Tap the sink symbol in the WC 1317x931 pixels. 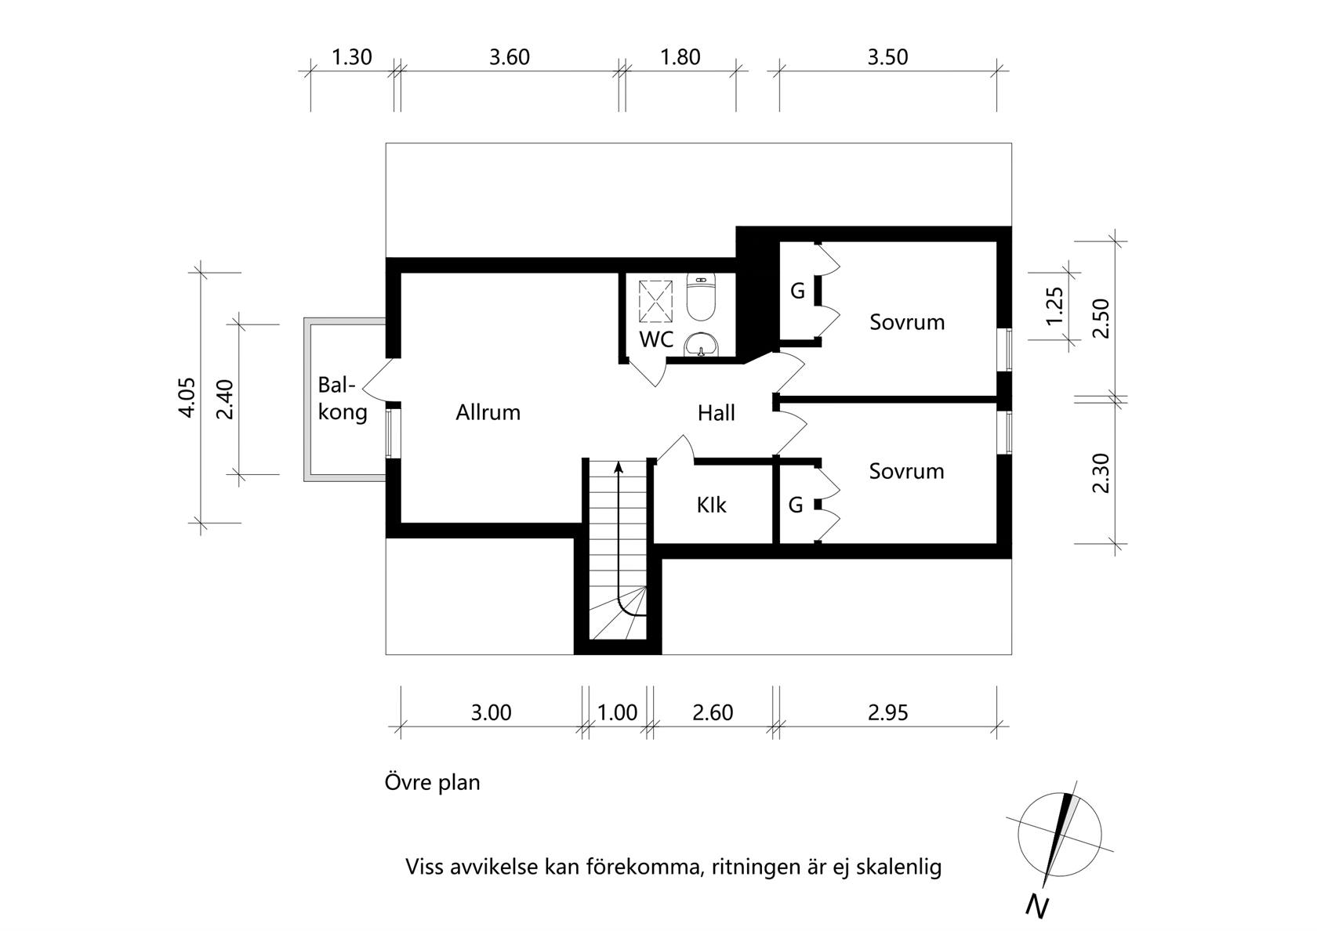[x=702, y=345]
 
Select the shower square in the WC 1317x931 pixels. [x=655, y=302]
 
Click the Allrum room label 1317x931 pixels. [x=488, y=412]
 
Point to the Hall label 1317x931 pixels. [x=717, y=413]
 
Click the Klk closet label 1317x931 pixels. [x=712, y=505]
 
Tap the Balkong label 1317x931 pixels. [x=342, y=398]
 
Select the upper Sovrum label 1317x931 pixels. [x=907, y=322]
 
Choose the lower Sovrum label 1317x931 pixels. [x=906, y=471]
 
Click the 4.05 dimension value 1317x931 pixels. [x=187, y=398]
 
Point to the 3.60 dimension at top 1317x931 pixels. [x=510, y=57]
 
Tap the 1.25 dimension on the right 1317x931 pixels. [x=1054, y=306]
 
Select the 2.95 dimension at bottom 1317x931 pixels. [x=887, y=712]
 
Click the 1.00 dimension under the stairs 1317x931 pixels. [x=618, y=712]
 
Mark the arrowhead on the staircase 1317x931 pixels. [x=618, y=467]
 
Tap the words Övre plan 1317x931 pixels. [x=432, y=783]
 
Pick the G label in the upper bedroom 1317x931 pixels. [x=797, y=290]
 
